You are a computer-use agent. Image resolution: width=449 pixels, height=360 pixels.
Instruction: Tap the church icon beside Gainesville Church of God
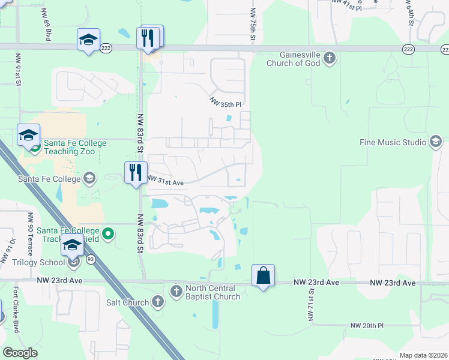pos(328,59)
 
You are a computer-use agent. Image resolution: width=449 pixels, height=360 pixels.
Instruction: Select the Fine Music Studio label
pos(392,142)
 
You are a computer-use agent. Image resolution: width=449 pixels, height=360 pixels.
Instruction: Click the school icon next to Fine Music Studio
pos(436,142)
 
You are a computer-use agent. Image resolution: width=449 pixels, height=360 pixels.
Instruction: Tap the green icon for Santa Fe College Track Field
pos(108,233)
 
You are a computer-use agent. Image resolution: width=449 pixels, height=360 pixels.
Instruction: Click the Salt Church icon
pos(158,302)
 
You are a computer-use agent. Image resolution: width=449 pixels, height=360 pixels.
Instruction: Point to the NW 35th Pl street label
pos(225,103)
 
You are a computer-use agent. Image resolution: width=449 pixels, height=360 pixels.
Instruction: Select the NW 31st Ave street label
pos(165,180)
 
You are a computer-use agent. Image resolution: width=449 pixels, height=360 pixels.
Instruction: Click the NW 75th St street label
pos(253,25)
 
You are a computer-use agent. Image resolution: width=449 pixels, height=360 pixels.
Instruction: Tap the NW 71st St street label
pos(312,304)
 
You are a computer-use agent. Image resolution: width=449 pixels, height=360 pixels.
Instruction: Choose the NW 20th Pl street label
pos(367,325)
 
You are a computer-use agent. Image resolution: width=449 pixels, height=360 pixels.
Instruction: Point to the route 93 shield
pos(90,259)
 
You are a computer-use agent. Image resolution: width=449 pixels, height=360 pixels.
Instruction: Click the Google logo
pos(20,352)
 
